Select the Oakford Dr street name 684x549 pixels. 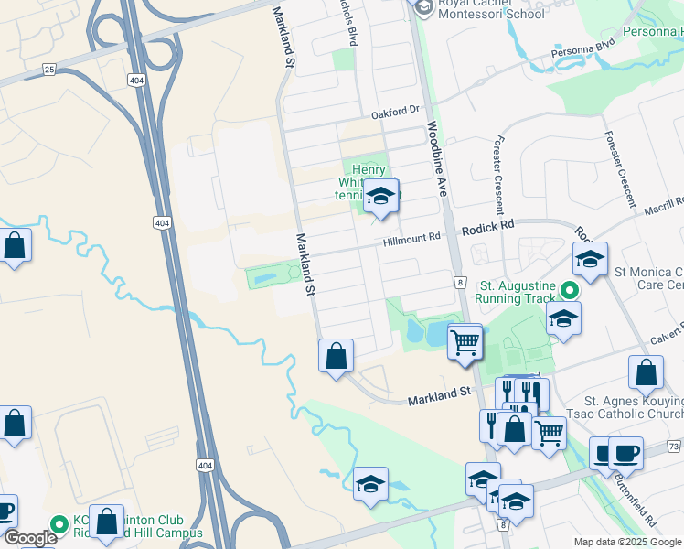pos(395,113)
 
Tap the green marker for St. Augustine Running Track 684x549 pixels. pos(570,291)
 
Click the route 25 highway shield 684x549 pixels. pos(49,69)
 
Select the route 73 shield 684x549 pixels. pos(674,446)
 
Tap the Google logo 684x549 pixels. pos(30,538)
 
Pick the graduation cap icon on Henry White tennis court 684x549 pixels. pos(381,196)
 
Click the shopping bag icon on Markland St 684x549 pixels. pos(337,353)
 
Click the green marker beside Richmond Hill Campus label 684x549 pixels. pos(60,524)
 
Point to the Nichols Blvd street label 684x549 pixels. pos(347,23)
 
